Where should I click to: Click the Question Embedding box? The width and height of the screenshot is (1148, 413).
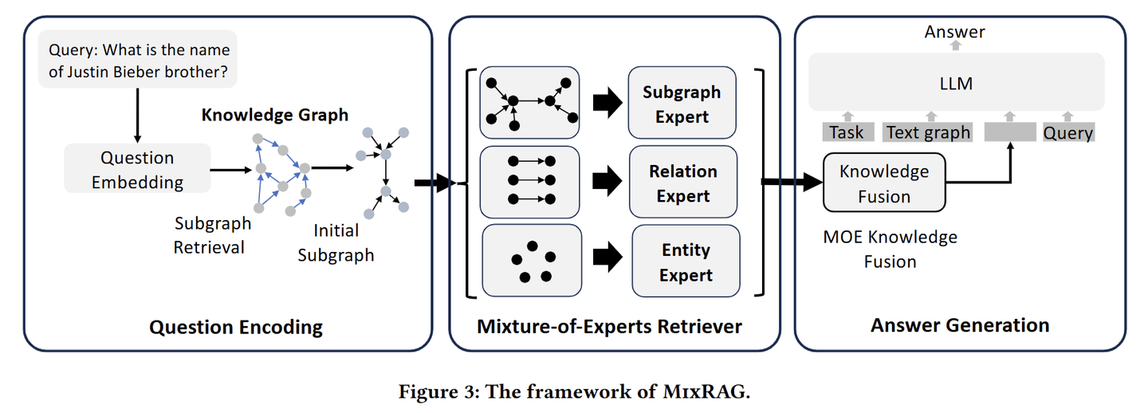(x=137, y=169)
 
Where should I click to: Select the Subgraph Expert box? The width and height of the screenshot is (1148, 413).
(x=682, y=103)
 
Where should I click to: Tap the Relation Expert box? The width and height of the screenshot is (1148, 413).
(x=683, y=182)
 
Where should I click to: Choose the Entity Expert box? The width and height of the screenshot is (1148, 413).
(x=686, y=261)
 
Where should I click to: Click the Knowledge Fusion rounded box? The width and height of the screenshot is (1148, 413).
(x=884, y=183)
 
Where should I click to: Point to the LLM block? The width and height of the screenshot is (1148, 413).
(x=957, y=82)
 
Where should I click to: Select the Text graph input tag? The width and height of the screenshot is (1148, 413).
(x=928, y=132)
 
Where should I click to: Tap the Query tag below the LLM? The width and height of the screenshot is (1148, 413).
(x=1068, y=132)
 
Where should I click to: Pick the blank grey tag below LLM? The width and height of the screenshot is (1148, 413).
(x=1010, y=132)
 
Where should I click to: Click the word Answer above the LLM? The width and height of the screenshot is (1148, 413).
(x=955, y=32)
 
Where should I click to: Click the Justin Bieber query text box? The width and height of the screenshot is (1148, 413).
(x=137, y=60)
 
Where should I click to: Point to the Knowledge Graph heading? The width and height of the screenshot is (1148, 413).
(x=275, y=115)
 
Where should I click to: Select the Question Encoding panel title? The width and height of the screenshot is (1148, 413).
(x=236, y=327)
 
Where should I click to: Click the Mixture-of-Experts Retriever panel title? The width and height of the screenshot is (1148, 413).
(x=609, y=326)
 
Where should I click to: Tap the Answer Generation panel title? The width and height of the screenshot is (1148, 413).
(x=960, y=325)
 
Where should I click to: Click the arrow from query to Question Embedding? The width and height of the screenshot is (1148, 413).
(x=137, y=116)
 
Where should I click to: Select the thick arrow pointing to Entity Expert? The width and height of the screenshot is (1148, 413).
(x=607, y=258)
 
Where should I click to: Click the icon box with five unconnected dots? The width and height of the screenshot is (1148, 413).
(x=532, y=260)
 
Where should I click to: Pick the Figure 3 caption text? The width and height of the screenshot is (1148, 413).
(x=575, y=391)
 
